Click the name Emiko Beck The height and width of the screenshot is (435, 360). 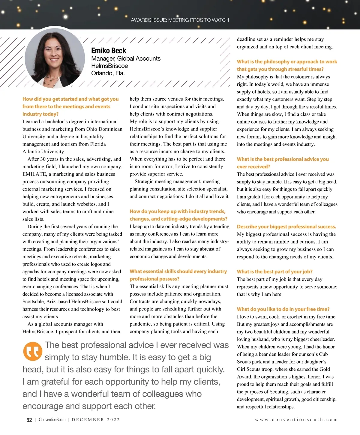(x=109, y=51)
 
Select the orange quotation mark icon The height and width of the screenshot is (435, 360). (x=32, y=351)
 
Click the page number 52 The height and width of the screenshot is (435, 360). (x=29, y=420)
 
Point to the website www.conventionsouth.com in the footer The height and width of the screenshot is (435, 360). (x=296, y=420)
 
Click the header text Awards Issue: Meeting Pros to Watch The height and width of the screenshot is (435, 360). (x=180, y=20)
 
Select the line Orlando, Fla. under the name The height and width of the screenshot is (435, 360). (x=108, y=73)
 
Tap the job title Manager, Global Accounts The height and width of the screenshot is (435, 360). (x=126, y=58)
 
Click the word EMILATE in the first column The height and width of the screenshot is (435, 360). (x=34, y=174)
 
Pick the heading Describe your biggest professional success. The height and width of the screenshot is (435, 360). (x=286, y=227)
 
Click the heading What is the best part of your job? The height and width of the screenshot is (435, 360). (x=274, y=272)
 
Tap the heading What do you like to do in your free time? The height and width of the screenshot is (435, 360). (x=283, y=309)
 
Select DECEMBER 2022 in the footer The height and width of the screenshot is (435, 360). (x=96, y=420)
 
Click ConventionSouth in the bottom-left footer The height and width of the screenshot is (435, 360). (x=52, y=420)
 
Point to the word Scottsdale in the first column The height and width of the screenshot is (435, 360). (x=34, y=301)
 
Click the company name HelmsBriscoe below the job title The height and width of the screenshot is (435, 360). (x=109, y=66)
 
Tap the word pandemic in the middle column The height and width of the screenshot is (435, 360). (x=140, y=324)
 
